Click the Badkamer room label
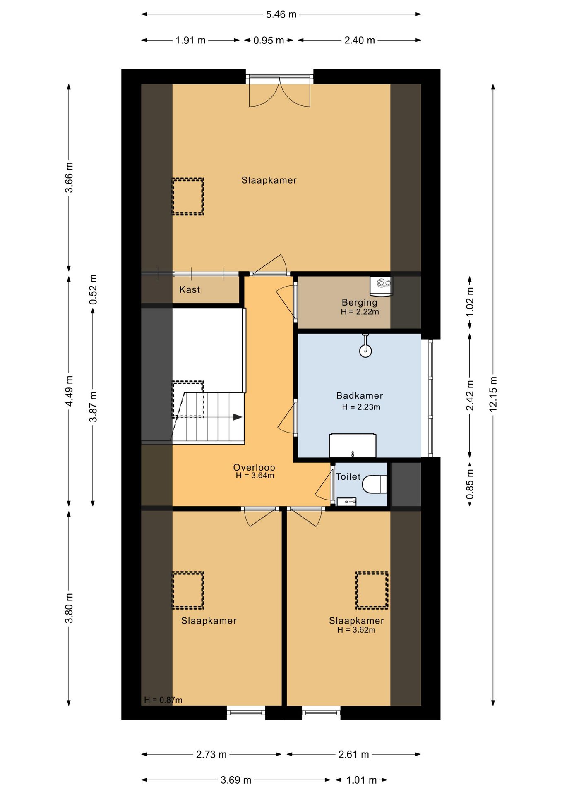point(359,396)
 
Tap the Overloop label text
point(254,467)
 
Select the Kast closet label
point(190,289)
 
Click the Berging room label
point(359,303)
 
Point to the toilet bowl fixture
point(375,484)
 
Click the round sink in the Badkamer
point(365,351)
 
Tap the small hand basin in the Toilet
point(346,502)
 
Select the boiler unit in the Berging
point(381,286)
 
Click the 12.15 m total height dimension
point(493,395)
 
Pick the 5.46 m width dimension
point(281,14)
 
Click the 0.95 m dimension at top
point(269,41)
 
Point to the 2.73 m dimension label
point(211,754)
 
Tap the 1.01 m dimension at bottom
point(361,780)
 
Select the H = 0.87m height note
point(163,700)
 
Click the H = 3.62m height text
point(356,630)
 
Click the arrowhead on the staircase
point(238,417)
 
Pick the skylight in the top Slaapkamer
point(188,196)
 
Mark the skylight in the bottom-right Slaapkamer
point(372,590)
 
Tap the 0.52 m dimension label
point(93,289)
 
